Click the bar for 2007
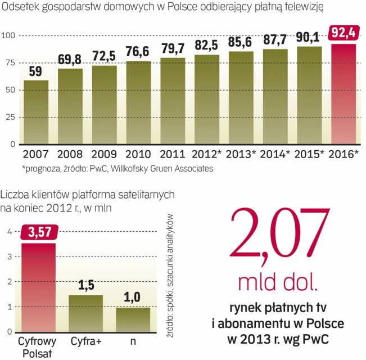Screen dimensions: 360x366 coord(36,112)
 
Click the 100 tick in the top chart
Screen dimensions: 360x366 coord(9,36)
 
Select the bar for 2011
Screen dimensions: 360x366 coord(173,101)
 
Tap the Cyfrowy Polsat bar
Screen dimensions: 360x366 coord(38,287)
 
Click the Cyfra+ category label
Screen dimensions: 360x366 coord(86,341)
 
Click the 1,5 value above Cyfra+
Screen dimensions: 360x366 coord(85,285)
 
